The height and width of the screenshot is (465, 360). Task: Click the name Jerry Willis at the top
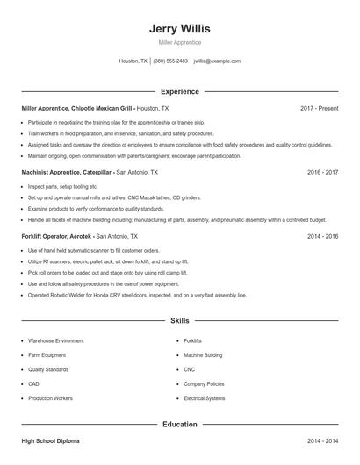(x=180, y=28)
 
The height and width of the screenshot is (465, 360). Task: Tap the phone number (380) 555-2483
(x=170, y=61)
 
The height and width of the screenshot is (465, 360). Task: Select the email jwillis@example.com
(x=217, y=61)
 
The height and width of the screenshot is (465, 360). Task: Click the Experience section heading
(x=180, y=91)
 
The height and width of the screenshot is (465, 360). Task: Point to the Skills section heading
(x=180, y=322)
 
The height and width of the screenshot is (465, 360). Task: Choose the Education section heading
(x=180, y=424)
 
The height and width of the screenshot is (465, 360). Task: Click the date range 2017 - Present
(x=319, y=108)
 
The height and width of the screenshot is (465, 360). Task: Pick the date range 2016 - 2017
(x=322, y=173)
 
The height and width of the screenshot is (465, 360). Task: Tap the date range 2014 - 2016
(x=322, y=237)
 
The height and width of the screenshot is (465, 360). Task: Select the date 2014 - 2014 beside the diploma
(x=322, y=440)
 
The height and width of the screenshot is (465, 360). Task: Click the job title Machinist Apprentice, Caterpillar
(x=68, y=173)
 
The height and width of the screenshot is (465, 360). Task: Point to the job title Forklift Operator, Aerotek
(x=57, y=237)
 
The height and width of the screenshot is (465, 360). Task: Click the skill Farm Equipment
(x=48, y=354)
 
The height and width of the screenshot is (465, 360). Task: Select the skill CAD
(x=33, y=383)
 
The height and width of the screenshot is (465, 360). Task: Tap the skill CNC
(x=189, y=369)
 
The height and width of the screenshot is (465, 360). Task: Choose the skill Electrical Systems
(x=204, y=398)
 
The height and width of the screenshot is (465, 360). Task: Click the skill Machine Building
(x=202, y=354)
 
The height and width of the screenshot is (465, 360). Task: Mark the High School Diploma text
(x=51, y=440)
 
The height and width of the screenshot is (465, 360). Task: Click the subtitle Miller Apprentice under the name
(x=180, y=42)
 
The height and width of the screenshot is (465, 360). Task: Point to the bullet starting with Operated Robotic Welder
(x=137, y=295)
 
